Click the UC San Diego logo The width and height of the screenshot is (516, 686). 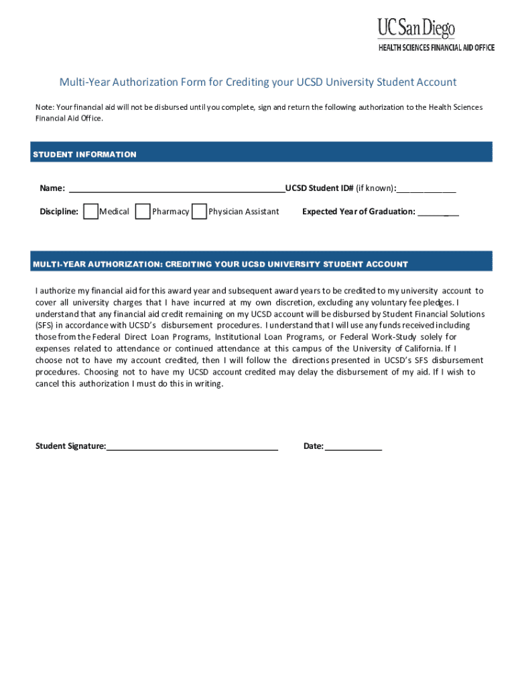[416, 27]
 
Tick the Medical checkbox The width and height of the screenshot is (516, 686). [91, 212]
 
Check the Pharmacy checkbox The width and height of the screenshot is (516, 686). [143, 212]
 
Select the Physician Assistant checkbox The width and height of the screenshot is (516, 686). [199, 212]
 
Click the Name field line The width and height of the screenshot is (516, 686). [176, 190]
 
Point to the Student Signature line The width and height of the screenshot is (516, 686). [192, 448]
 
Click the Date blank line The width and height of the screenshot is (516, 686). [353, 448]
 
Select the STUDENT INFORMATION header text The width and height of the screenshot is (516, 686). [84, 155]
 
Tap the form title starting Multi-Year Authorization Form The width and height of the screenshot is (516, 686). [258, 82]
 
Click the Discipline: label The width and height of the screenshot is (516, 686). [59, 212]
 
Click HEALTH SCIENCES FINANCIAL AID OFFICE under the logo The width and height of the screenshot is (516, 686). [436, 48]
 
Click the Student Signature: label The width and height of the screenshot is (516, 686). [70, 446]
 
